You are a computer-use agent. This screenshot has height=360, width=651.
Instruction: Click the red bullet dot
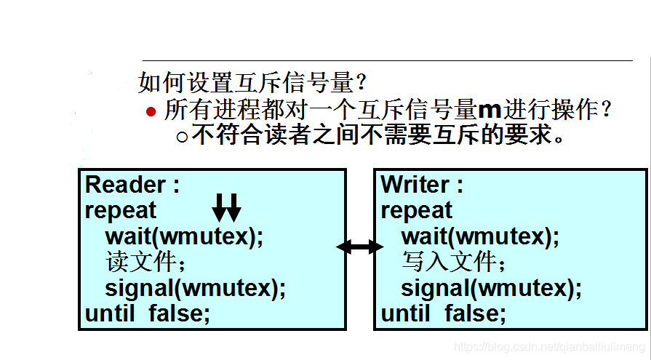[x=151, y=111]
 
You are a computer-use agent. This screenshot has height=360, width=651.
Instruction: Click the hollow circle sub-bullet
[x=182, y=136]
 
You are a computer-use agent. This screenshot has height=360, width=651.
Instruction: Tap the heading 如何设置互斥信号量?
[x=252, y=82]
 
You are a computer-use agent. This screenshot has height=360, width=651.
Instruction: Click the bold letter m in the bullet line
[x=490, y=111]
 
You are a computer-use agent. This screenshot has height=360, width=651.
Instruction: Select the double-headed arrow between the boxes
[x=360, y=247]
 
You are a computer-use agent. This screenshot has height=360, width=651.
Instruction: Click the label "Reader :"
[x=132, y=185]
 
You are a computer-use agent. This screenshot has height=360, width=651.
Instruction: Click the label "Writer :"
[x=422, y=185]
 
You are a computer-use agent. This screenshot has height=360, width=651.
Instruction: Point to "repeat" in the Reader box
[x=121, y=211]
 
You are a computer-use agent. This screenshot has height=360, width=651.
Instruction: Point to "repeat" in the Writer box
[x=417, y=211]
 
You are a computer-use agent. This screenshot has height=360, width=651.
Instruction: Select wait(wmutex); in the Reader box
[x=185, y=236]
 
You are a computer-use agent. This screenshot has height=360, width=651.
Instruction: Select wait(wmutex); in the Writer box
[x=480, y=236]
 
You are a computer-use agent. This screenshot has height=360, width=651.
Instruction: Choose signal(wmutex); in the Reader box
[x=195, y=288]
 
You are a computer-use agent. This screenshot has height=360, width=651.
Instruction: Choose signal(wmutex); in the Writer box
[x=491, y=288]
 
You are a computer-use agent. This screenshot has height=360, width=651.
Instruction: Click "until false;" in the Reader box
[x=148, y=313]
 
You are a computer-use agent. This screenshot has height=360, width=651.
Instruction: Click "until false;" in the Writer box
[x=444, y=313]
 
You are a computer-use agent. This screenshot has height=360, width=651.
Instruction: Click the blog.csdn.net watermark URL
[x=549, y=348]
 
